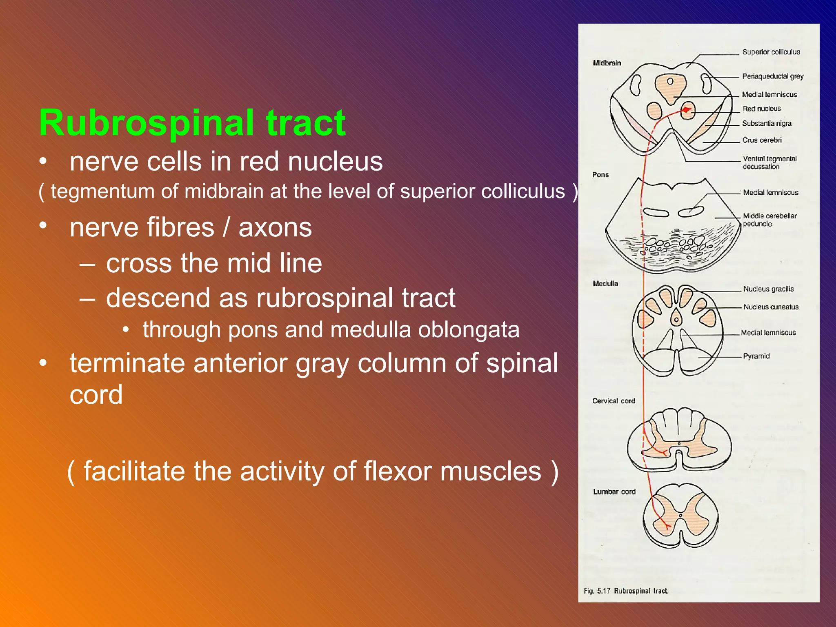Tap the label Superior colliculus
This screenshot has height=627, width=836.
771,52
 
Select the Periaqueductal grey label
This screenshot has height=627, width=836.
772,76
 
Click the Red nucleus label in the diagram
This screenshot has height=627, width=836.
761,109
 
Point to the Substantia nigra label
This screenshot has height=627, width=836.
767,123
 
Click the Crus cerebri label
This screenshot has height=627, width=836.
762,140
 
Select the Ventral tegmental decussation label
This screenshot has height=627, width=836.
769,162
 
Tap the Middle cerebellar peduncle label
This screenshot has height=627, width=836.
769,220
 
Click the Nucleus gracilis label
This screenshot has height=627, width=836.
768,289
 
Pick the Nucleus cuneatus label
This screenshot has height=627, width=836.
771,307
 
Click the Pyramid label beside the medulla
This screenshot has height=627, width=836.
756,356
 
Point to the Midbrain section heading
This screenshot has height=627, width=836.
607,63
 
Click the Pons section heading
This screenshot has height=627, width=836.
600,175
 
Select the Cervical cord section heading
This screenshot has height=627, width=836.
614,401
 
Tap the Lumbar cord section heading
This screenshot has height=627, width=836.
614,491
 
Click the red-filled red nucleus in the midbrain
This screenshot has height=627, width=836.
687,110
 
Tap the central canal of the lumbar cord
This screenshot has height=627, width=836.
680,516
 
